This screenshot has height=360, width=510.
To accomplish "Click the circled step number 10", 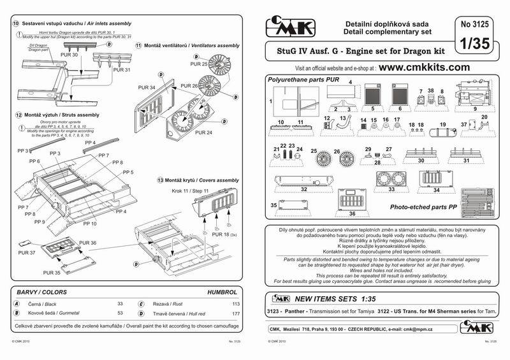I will pyautogui.click(x=16, y=23).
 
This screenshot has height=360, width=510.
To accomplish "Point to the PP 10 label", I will pyautogui.click(x=89, y=224).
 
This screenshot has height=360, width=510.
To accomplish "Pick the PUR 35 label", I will pyautogui.click(x=52, y=272).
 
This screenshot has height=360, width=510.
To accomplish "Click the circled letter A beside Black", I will pyautogui.click(x=17, y=304).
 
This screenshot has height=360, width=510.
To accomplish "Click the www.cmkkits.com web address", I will pyautogui.click(x=425, y=67).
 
